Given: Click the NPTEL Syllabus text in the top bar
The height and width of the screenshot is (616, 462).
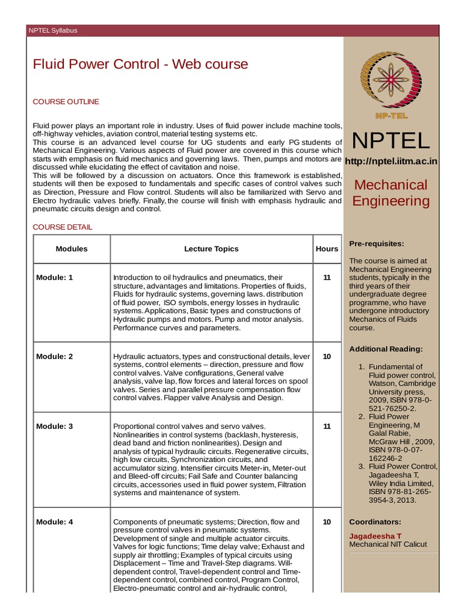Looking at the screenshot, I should [x=53, y=31].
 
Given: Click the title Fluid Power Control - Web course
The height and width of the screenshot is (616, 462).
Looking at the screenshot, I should [x=140, y=64].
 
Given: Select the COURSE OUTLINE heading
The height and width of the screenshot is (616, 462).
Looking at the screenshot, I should [x=66, y=102].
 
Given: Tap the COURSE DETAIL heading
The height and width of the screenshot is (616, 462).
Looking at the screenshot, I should [x=63, y=227].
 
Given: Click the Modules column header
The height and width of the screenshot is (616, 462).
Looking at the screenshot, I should [x=72, y=248].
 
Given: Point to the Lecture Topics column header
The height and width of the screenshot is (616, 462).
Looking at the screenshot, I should [x=211, y=248].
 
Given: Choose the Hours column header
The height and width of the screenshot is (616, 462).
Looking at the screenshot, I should [x=327, y=248].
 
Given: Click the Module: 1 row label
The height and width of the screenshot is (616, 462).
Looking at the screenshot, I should [x=54, y=277].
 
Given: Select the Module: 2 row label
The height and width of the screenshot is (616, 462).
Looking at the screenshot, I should [x=54, y=356].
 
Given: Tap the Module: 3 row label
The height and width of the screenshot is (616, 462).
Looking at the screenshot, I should [x=54, y=426].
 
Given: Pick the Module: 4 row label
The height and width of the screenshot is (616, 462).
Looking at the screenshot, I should [x=54, y=522].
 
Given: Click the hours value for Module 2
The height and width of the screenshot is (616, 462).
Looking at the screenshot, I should [x=327, y=356].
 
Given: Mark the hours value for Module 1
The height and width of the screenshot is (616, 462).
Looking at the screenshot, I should [x=327, y=277].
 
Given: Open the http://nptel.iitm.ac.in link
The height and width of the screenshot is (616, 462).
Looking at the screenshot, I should [x=390, y=161].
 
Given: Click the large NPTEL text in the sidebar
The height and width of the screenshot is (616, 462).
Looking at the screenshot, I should [x=390, y=140].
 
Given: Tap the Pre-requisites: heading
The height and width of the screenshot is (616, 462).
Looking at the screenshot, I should [x=377, y=243].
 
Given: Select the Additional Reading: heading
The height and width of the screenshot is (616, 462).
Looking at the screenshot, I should [x=386, y=349].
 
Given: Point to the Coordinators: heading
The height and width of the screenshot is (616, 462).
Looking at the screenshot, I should [x=375, y=522].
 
